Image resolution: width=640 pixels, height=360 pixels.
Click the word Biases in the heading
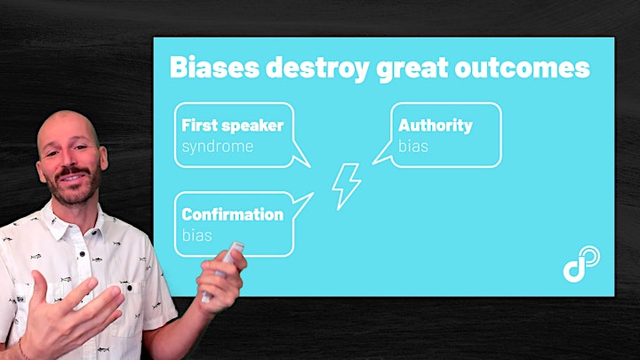pyautogui.click(x=214, y=67)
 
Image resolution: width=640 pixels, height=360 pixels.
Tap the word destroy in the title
pyautogui.click(x=317, y=68)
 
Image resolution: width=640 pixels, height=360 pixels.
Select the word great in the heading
pyautogui.click(x=412, y=69)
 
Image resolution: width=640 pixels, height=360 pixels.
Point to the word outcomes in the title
pyautogui.click(x=523, y=68)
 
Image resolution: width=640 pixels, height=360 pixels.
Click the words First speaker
pyautogui.click(x=232, y=125)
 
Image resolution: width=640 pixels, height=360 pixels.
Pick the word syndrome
pyautogui.click(x=218, y=147)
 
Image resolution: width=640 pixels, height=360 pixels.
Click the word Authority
pyautogui.click(x=435, y=125)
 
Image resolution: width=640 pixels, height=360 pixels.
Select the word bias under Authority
pyautogui.click(x=413, y=146)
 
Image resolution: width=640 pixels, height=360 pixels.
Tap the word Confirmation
pyautogui.click(x=232, y=214)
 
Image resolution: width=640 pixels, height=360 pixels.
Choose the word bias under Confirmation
pyautogui.click(x=196, y=235)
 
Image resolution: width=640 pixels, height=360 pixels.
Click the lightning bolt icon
pyautogui.click(x=346, y=187)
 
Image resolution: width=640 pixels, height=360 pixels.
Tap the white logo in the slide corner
pyautogui.click(x=581, y=264)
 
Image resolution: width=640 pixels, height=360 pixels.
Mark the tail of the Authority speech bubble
pyautogui.click(x=380, y=155)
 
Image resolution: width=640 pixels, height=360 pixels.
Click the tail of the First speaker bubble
pyautogui.click(x=301, y=156)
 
